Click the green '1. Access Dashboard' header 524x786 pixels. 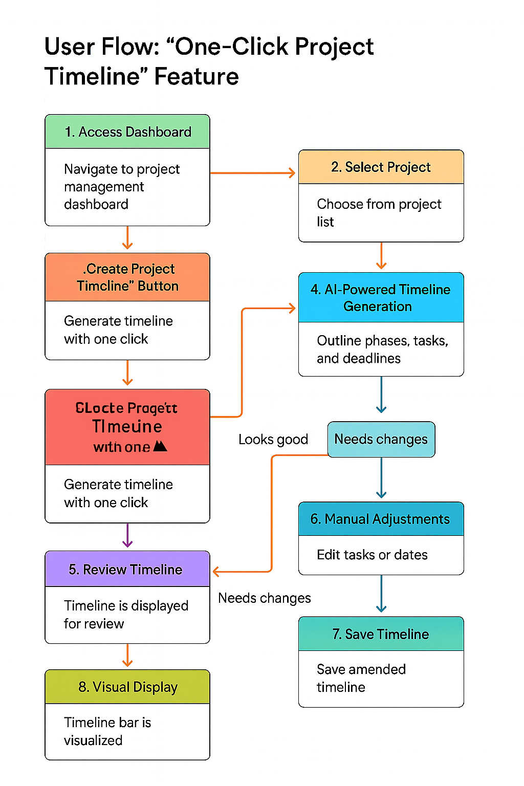tap(127, 132)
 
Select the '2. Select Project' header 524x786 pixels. tap(381, 167)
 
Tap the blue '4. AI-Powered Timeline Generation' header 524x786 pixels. tap(381, 298)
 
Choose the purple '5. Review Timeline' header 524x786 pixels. tap(127, 570)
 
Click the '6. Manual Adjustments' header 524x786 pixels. tap(381, 519)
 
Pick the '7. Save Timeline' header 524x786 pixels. tap(381, 635)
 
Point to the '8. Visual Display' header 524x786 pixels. tap(127, 687)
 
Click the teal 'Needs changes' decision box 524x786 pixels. tap(381, 440)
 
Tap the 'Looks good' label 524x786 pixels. tap(273, 440)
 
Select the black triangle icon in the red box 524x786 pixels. tap(160, 446)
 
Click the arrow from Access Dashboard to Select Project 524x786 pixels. tap(253, 173)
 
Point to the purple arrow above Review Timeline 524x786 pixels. tap(127, 535)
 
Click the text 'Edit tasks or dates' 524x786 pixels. tap(372, 555)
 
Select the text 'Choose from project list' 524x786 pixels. tap(379, 213)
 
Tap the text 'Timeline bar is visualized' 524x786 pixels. tap(107, 731)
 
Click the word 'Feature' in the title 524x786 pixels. tap(196, 77)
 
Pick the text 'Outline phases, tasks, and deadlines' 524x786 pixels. tap(382, 350)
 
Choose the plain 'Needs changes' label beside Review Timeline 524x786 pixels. tap(264, 598)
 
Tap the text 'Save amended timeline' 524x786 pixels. tap(361, 678)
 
